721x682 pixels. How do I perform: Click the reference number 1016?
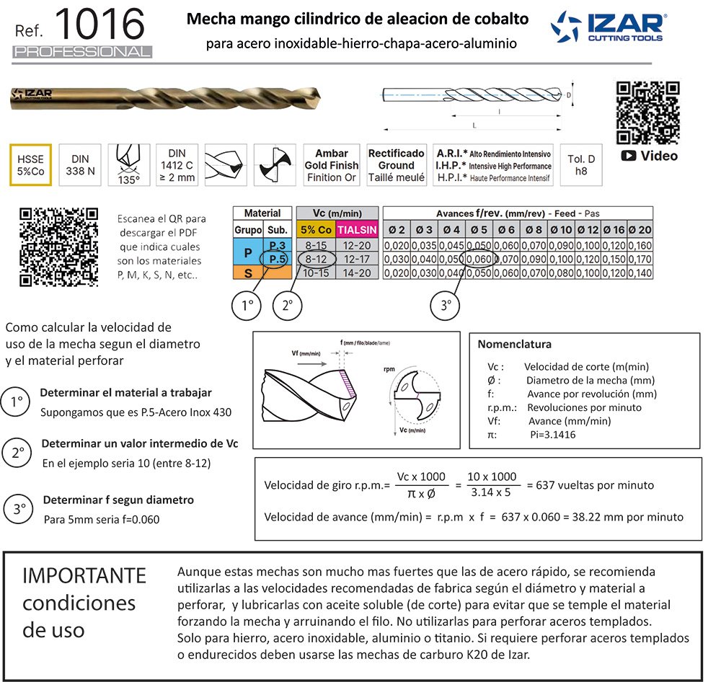100,25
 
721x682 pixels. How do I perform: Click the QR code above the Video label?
648,113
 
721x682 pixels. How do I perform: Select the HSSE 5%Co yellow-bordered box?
30,165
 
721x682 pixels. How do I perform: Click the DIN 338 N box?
80,165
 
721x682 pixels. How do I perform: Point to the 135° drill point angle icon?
128,165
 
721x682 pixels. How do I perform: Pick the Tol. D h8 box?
581,165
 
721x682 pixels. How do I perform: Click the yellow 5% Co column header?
317,229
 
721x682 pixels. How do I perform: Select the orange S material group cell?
247,273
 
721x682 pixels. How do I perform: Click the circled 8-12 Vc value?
317,259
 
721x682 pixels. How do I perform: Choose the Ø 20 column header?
640,229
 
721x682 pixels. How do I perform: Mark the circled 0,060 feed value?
478,259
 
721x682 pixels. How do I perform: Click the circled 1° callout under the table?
247,306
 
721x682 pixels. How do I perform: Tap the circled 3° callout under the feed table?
446,306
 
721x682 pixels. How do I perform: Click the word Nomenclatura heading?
514,344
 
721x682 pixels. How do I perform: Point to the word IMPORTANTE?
84,575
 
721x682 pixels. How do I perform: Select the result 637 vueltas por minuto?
590,484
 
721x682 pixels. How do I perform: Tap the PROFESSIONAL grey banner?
82,52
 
